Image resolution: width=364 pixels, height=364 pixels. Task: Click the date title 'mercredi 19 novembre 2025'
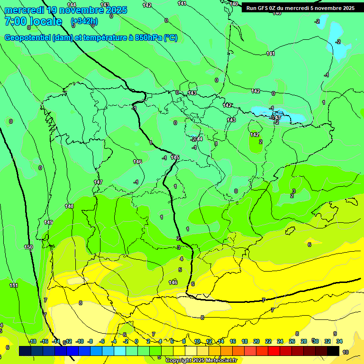pyautogui.click(x=65, y=10)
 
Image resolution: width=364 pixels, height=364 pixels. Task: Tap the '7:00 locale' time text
pyautogui.click(x=33, y=22)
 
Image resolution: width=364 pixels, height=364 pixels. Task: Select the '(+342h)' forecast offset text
pyautogui.click(x=84, y=21)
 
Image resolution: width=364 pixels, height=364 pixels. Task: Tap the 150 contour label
pyautogui.click(x=28, y=247)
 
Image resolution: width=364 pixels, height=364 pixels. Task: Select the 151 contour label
pyautogui.click(x=14, y=285)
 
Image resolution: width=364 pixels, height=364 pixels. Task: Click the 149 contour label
pyautogui.click(x=48, y=222)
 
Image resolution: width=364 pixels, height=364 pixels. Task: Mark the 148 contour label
pyautogui.click(x=69, y=206)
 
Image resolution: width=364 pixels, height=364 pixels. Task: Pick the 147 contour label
pyautogui.click(x=98, y=182)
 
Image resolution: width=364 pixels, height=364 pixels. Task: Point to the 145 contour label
pyautogui.click(x=175, y=157)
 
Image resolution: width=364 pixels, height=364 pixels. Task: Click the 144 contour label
pyautogui.click(x=71, y=4)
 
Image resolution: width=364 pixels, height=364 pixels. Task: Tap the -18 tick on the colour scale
pyautogui.click(x=32, y=342)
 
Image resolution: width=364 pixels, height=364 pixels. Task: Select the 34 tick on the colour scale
pyautogui.click(x=340, y=342)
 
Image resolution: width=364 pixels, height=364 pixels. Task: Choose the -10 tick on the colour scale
pyautogui.click(x=80, y=342)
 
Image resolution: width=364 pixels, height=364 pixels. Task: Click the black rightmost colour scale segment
pyautogui.click(x=333, y=351)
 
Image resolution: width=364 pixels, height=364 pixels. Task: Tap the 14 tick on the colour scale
pyautogui.click(x=221, y=342)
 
